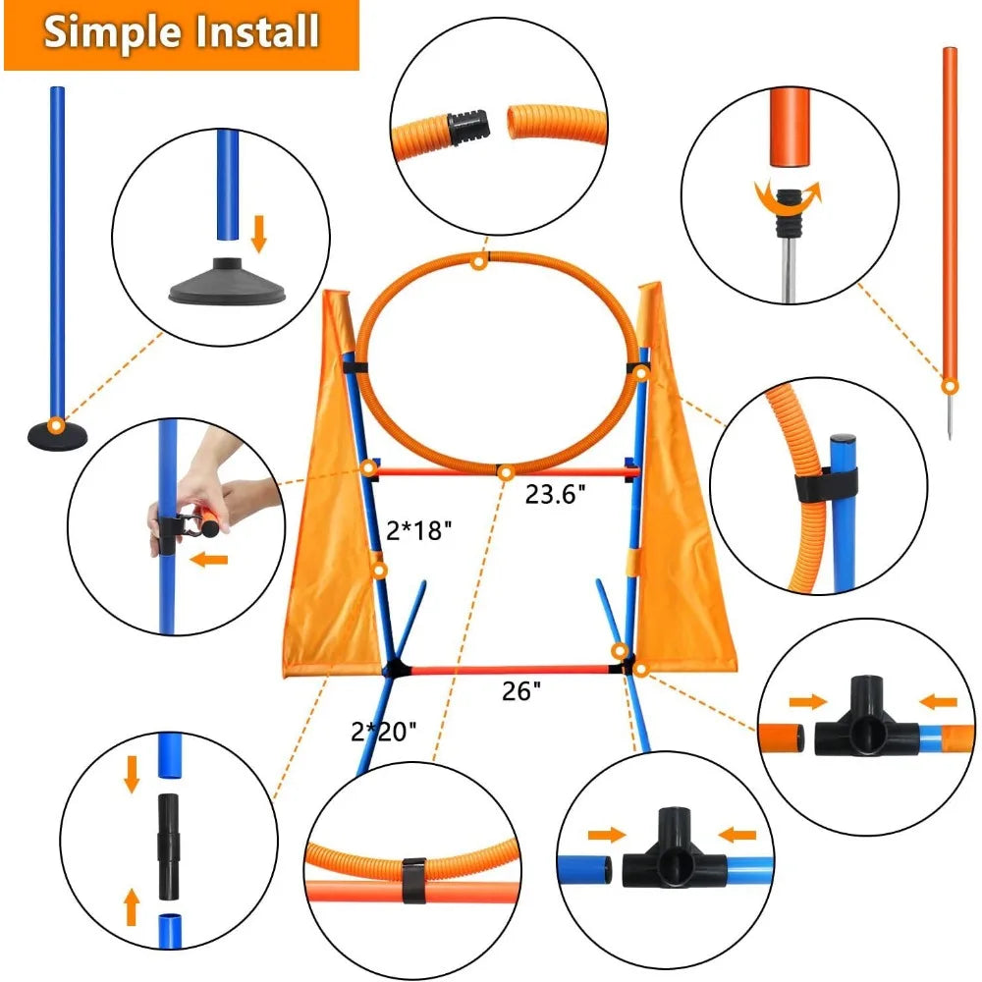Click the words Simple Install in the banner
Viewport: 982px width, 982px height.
[182, 32]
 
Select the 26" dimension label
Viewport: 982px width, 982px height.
[520, 691]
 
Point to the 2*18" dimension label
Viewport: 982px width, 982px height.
[419, 531]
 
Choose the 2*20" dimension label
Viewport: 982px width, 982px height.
[383, 731]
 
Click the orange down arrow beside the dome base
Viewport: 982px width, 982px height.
[259, 234]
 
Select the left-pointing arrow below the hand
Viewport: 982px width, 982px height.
[209, 561]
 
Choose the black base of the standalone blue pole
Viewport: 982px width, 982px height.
[57, 433]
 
